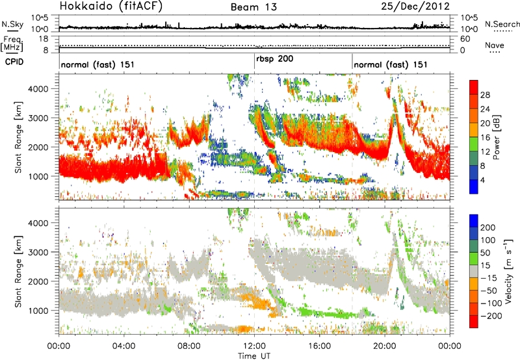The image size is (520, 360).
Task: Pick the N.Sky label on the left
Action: (x=10, y=24)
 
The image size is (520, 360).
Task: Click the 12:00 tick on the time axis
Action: (x=254, y=345)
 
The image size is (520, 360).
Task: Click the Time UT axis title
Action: (x=254, y=355)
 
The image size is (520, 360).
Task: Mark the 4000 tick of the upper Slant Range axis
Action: (x=42, y=88)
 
